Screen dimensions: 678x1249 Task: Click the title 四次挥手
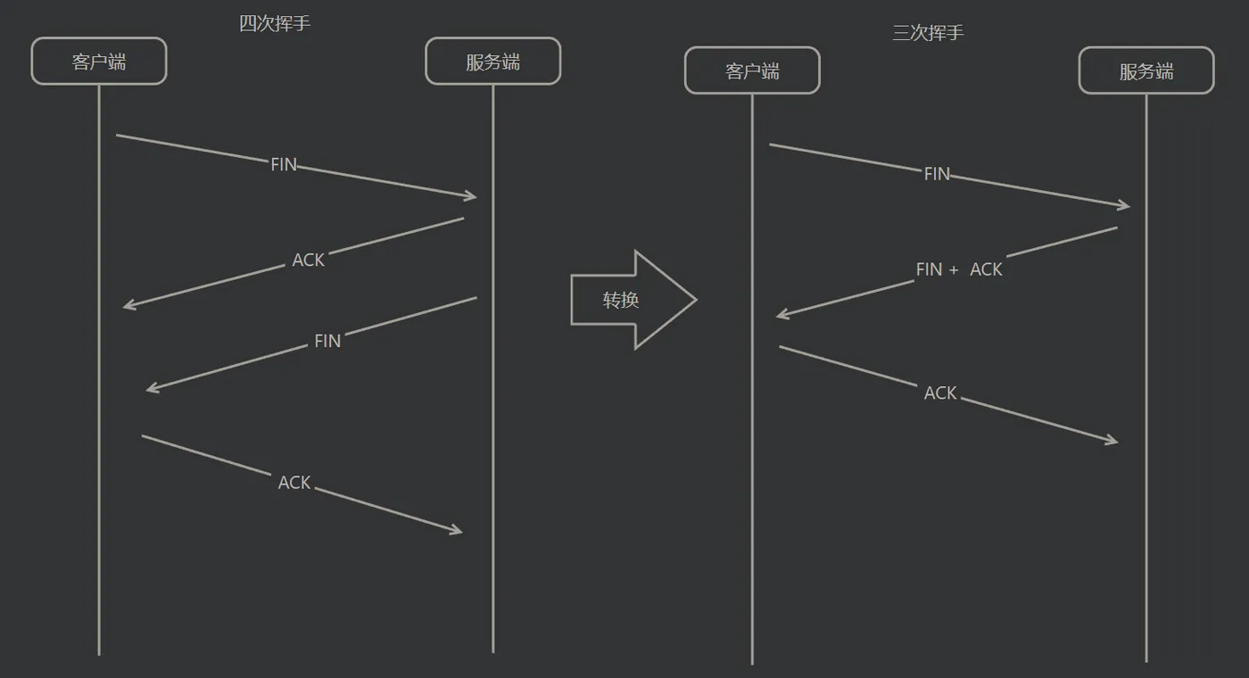[275, 24]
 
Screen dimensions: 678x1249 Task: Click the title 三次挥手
[928, 33]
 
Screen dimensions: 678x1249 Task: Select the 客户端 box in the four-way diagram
[99, 62]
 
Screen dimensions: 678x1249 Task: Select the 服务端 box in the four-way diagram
[492, 62]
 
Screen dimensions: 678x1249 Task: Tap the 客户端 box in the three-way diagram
[752, 71]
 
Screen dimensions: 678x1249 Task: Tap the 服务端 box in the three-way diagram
[1146, 71]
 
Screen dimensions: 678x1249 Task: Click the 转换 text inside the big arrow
[621, 301]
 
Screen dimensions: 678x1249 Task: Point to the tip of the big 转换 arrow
[694, 300]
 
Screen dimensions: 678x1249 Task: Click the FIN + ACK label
[959, 269]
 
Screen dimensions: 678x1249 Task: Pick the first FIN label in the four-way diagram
[284, 165]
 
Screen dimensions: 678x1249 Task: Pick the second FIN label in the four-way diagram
[327, 341]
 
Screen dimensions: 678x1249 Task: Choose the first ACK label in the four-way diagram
[309, 260]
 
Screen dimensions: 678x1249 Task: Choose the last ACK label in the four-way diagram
[294, 483]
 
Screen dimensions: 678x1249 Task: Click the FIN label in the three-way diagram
[937, 174]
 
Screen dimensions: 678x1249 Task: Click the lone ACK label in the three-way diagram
[940, 393]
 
